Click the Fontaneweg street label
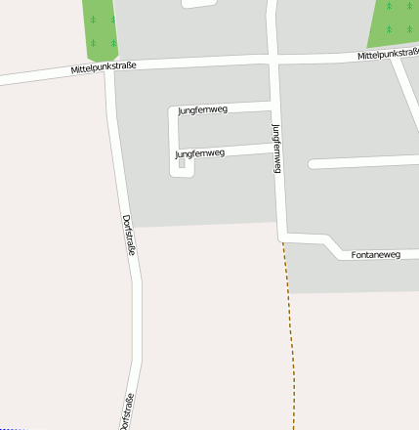click(375, 255)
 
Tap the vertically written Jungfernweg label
click(276, 149)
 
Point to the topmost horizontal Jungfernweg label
click(202, 110)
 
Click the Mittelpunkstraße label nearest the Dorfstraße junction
click(103, 67)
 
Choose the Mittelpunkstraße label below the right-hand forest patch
click(388, 55)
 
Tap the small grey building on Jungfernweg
click(182, 164)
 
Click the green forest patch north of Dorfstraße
click(99, 27)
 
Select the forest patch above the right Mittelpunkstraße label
click(396, 21)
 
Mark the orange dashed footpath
click(289, 332)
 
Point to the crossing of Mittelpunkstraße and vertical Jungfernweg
click(272, 60)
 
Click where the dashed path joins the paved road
click(282, 237)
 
